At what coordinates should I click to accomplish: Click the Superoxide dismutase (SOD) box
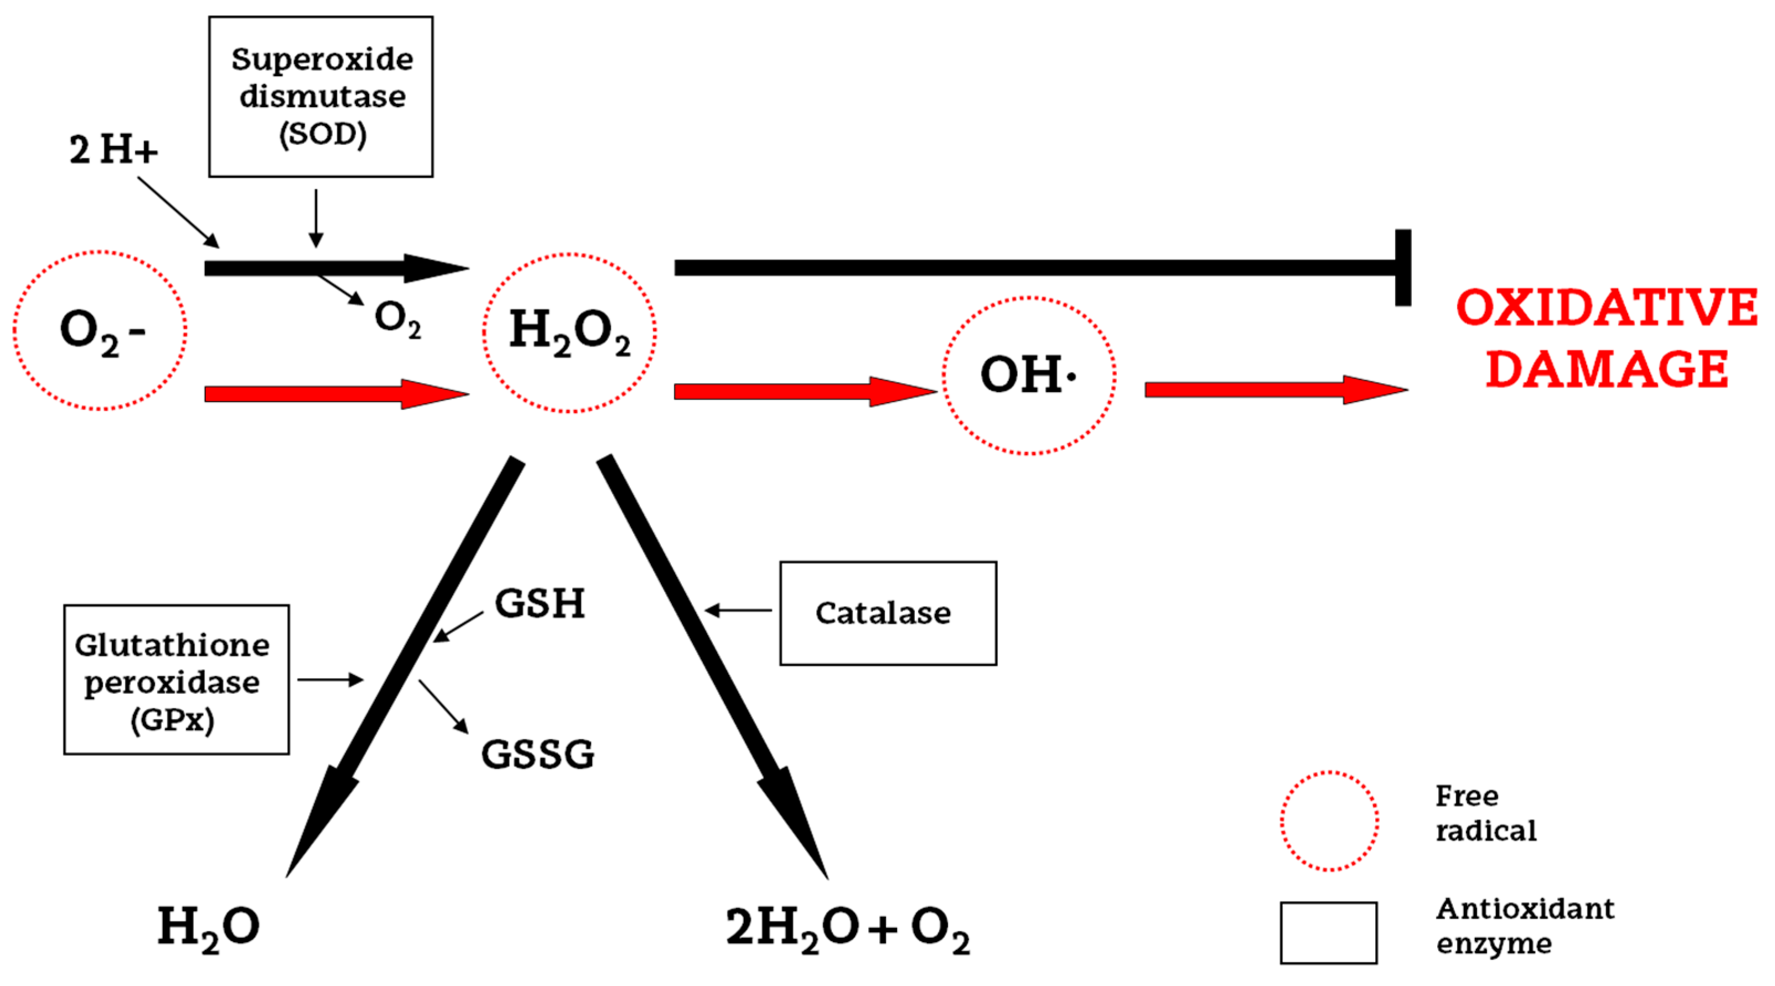tap(321, 97)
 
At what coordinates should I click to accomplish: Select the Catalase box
tap(888, 613)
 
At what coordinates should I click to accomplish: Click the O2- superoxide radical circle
tap(100, 330)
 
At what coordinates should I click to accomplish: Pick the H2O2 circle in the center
tap(569, 332)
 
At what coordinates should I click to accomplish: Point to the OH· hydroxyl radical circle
tap(1029, 375)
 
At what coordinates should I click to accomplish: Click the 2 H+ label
tap(113, 150)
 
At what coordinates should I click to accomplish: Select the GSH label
tap(539, 603)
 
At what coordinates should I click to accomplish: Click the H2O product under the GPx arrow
tap(208, 927)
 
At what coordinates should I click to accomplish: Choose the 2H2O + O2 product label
tap(847, 929)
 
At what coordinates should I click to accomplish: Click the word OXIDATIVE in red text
tap(1606, 308)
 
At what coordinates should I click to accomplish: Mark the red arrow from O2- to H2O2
tap(336, 394)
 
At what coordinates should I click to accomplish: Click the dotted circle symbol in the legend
tap(1329, 820)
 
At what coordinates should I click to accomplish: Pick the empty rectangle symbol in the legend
tap(1328, 932)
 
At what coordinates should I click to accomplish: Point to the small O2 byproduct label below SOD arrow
tap(398, 319)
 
